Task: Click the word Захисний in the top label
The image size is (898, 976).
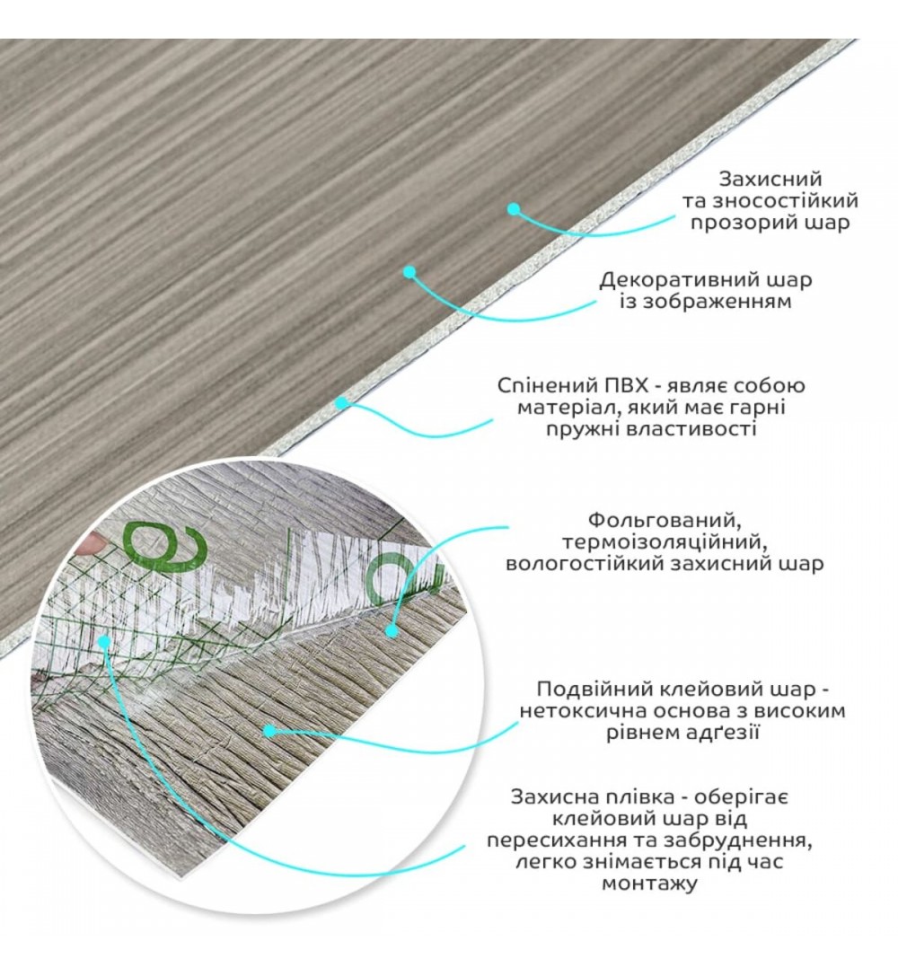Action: tap(770, 180)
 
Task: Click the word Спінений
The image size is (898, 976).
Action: tap(544, 386)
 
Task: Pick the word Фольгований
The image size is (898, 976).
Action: tap(664, 519)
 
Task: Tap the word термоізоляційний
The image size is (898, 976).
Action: tap(664, 541)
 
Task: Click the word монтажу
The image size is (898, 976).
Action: tap(649, 884)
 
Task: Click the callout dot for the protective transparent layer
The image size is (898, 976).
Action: tap(513, 209)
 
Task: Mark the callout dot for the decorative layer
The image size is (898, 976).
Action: tap(409, 272)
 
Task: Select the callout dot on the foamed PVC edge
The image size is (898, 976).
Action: tap(341, 403)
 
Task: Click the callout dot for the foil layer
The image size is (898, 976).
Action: tap(392, 630)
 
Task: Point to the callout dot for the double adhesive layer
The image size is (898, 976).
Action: tap(269, 731)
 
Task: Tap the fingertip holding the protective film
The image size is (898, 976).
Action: tap(92, 544)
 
